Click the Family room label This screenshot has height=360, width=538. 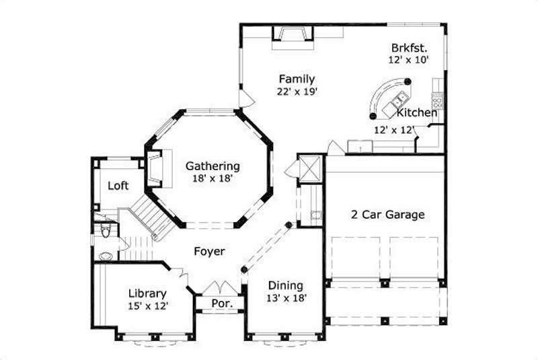coord(297,79)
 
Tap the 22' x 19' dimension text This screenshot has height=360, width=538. coord(297,92)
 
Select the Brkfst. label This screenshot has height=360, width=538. coord(410,48)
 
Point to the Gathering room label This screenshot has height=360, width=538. coord(213,166)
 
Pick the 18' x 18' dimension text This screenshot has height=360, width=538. coord(213,178)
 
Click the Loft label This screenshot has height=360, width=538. coord(118,186)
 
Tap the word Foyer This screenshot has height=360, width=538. coord(209,251)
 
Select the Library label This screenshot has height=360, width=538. coord(147,293)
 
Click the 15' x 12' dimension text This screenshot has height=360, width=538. coord(147,305)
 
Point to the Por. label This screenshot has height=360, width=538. coord(222,303)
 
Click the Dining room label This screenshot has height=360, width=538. coord(285,285)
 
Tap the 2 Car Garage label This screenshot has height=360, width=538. coord(387,215)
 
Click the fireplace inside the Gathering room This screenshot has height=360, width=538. coord(154,168)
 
